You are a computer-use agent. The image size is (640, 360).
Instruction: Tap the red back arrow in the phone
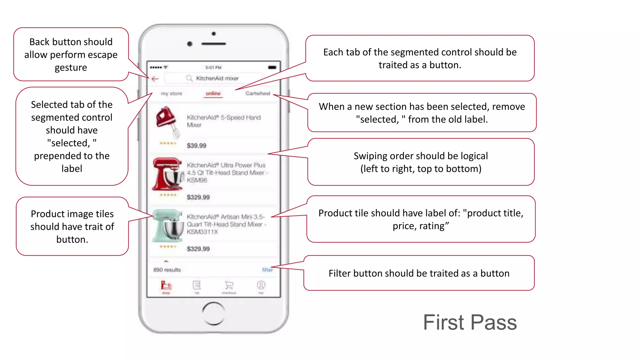click(x=155, y=79)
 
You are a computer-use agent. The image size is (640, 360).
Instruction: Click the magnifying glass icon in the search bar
click(x=189, y=78)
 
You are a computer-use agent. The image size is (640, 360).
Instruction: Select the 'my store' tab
click(x=171, y=93)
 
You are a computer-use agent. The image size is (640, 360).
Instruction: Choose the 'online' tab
click(x=213, y=93)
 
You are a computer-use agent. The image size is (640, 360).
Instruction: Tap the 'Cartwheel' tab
click(x=257, y=93)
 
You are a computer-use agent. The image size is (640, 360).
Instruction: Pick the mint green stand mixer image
click(x=168, y=226)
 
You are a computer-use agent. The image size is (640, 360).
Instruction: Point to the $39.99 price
click(x=197, y=146)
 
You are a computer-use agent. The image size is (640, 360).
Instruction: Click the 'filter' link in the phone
click(x=267, y=270)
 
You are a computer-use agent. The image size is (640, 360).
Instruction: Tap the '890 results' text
click(x=167, y=270)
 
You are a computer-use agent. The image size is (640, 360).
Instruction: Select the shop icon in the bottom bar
click(x=166, y=286)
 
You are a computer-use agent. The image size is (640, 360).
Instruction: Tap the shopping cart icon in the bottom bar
click(x=229, y=285)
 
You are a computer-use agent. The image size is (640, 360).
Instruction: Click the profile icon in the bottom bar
click(x=261, y=285)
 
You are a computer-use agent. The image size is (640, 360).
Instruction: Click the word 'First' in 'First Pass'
click(x=443, y=322)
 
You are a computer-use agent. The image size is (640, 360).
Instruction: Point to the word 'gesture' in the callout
click(x=71, y=67)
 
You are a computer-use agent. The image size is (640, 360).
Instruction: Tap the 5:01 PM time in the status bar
click(x=213, y=67)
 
